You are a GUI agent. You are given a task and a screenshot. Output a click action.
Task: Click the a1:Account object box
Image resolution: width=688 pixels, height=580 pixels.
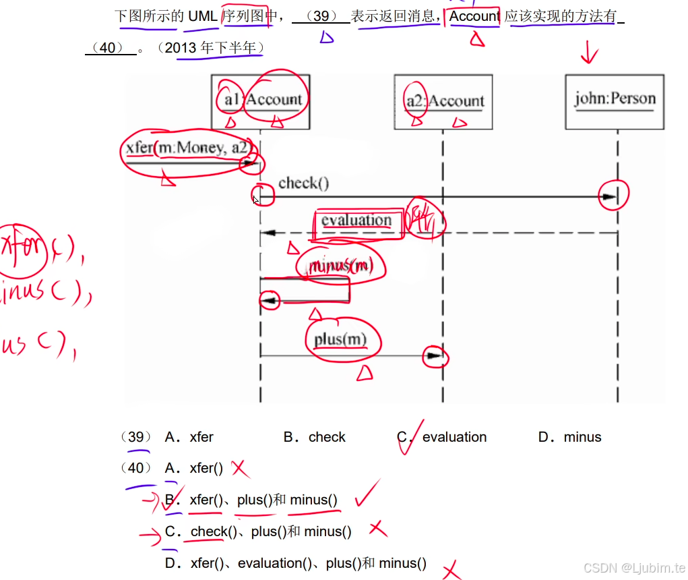click(260, 101)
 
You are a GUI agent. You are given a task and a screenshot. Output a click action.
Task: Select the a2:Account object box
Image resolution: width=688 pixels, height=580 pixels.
click(443, 101)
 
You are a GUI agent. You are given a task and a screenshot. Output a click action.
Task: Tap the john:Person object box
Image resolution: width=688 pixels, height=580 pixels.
click(615, 101)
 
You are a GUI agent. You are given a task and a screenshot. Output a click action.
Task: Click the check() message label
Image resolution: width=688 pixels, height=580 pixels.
click(303, 183)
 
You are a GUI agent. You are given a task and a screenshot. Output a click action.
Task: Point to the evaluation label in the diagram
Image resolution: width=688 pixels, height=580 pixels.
click(356, 221)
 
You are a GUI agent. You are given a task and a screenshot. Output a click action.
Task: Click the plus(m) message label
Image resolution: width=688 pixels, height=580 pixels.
click(340, 339)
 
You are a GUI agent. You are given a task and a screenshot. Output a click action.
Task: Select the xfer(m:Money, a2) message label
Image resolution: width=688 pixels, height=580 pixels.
click(189, 148)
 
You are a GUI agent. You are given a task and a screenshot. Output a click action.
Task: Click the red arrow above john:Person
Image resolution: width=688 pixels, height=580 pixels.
click(589, 53)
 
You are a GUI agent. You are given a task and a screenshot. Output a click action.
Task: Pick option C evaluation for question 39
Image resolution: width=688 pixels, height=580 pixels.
click(454, 437)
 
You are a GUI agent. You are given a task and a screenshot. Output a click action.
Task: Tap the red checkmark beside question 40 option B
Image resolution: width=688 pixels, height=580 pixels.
click(367, 494)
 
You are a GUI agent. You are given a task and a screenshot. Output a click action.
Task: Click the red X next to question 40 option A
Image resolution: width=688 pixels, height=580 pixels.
click(241, 468)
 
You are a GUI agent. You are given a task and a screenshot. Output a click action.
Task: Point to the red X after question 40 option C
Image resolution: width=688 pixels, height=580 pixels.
click(377, 529)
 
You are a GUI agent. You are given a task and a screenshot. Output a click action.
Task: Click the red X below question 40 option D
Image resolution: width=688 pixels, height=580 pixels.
click(451, 571)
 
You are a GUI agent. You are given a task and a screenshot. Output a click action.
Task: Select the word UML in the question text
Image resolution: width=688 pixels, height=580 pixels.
click(202, 16)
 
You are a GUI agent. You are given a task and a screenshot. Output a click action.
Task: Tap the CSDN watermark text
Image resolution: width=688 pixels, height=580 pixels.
click(633, 568)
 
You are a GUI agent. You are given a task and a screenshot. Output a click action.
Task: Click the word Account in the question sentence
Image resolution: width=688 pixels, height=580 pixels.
click(474, 16)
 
